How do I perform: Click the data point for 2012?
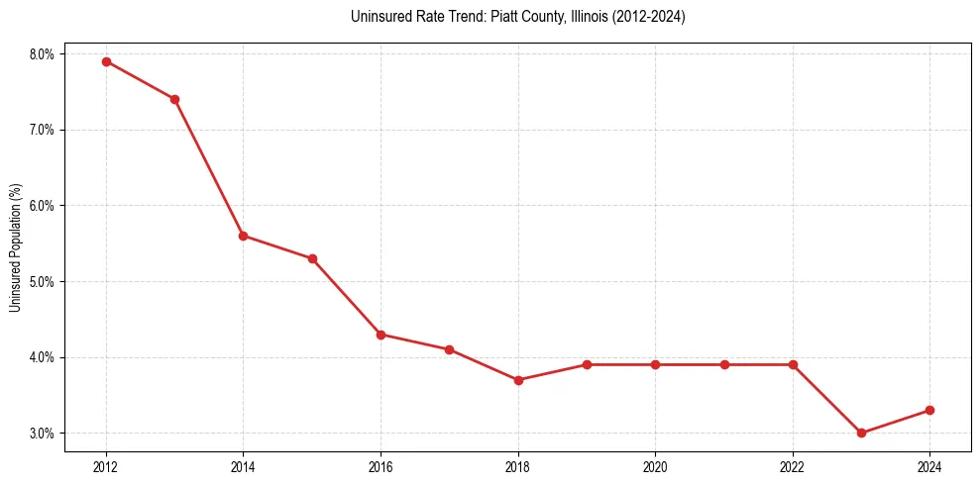[x=106, y=61]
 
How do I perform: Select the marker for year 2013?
[x=174, y=99]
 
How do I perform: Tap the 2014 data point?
[x=243, y=236]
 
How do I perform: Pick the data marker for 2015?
[x=312, y=258]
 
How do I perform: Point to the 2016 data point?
[x=381, y=335]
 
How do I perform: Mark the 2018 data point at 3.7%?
[x=518, y=380]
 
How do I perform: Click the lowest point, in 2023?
[x=861, y=433]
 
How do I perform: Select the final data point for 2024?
[x=929, y=410]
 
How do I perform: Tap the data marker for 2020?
[x=655, y=364]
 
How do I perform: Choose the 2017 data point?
[x=449, y=349]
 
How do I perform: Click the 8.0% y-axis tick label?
[x=43, y=53]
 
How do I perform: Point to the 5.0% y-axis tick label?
[x=43, y=281]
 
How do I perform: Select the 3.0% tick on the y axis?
[x=43, y=433]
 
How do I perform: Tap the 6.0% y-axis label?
[x=43, y=206]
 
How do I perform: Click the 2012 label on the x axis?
[x=106, y=464]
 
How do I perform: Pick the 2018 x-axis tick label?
[x=518, y=464]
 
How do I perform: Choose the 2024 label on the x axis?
[x=929, y=464]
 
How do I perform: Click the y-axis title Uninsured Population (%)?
[x=15, y=247]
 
